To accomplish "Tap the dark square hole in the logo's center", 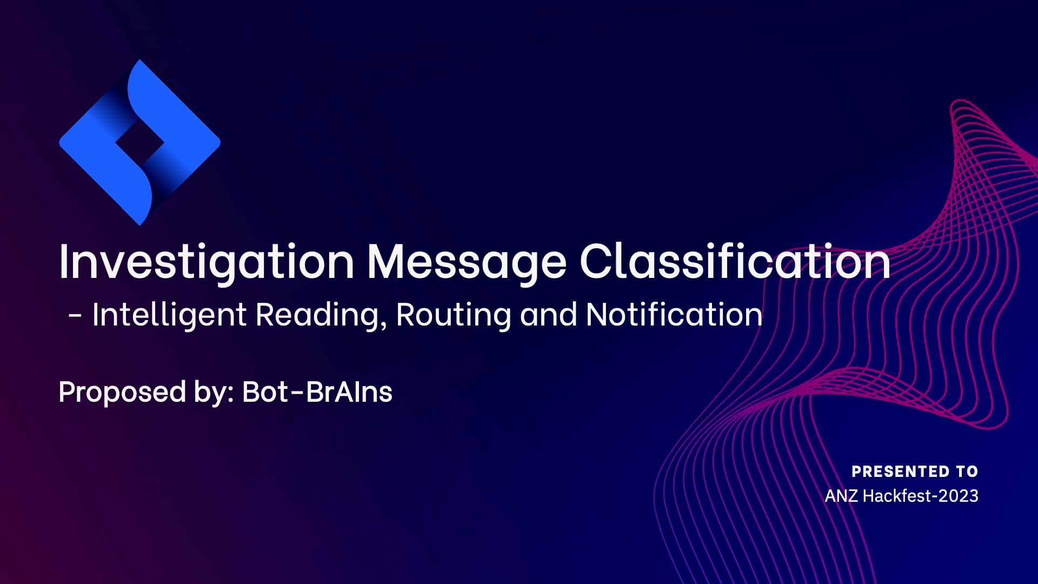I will pyautogui.click(x=139, y=143).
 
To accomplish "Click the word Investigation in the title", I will pyautogui.click(x=206, y=262).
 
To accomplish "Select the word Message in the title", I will pyautogui.click(x=467, y=262).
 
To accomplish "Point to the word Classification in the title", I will pyautogui.click(x=735, y=262).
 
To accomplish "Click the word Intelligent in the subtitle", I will pyautogui.click(x=169, y=315).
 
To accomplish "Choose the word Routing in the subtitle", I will pyautogui.click(x=453, y=315).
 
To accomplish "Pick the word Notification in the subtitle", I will pyautogui.click(x=674, y=315).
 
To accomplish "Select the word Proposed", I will pyautogui.click(x=122, y=392).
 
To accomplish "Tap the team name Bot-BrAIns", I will pyautogui.click(x=317, y=392).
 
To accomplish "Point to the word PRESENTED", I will pyautogui.click(x=900, y=472).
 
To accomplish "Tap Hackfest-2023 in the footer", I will pyautogui.click(x=920, y=496).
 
